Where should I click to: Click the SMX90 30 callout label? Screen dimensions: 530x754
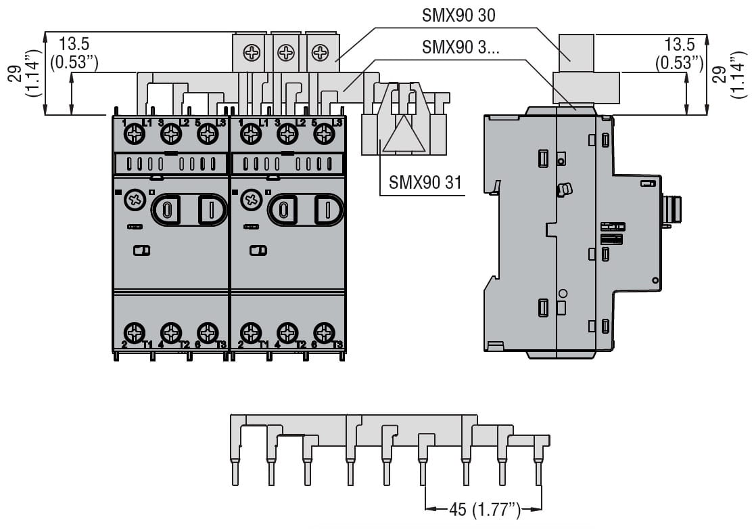point(458,16)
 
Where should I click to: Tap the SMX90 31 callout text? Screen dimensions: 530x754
point(425,183)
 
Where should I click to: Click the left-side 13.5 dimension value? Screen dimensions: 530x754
point(74,45)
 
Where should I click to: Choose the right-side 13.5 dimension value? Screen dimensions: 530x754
point(680,45)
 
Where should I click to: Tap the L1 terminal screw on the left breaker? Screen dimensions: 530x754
point(135,135)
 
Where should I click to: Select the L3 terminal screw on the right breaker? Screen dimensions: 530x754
point(325,135)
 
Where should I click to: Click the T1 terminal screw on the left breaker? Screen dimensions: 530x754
point(135,332)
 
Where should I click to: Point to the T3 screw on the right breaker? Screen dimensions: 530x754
point(325,332)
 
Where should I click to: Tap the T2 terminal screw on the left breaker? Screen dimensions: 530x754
point(172,332)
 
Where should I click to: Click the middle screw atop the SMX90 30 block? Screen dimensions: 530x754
point(287,52)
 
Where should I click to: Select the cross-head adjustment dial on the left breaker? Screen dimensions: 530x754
point(134,200)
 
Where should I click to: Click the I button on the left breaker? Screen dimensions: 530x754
point(210,209)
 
